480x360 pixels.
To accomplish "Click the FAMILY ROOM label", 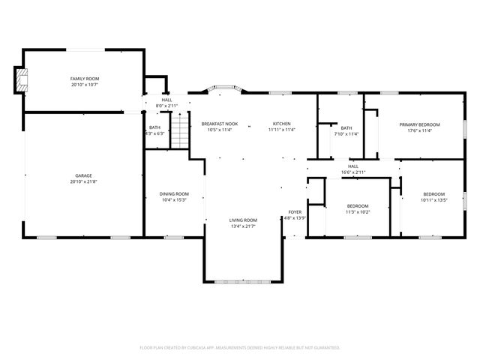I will [85, 79].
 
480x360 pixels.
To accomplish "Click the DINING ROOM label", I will [173, 193].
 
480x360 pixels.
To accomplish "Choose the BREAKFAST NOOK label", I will [220, 124].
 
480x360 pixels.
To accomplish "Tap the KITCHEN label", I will [282, 124].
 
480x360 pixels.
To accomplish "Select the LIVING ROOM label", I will [243, 220].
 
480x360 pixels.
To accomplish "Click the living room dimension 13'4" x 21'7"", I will [243, 226].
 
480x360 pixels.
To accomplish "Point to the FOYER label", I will [295, 211].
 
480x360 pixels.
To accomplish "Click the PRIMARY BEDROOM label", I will [419, 124].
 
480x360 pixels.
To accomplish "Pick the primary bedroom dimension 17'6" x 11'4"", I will [419, 130].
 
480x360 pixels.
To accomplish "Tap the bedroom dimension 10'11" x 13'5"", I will [433, 200].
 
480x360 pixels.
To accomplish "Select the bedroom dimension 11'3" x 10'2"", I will [358, 211].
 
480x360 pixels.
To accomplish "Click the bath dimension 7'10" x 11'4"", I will [346, 134].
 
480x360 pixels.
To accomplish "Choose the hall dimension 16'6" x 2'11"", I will [352, 172].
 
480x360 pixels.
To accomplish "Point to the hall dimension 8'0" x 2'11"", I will [166, 106].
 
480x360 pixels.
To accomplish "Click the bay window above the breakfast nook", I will [223, 88].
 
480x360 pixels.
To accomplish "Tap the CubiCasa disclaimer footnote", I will [240, 347].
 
